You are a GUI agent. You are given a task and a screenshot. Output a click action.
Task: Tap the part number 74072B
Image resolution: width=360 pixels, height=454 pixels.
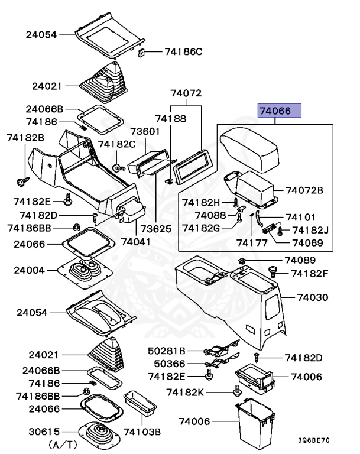pyautogui.click(x=304, y=190)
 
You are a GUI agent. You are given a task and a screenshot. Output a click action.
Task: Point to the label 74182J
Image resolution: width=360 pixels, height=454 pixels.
pyautogui.click(x=310, y=229)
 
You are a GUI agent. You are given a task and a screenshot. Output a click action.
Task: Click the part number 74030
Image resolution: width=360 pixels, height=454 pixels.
pyautogui.click(x=311, y=297)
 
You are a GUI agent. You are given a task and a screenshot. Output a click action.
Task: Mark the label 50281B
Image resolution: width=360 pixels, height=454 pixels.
pyautogui.click(x=167, y=351)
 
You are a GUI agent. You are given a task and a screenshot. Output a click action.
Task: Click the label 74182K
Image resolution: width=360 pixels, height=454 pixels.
pyautogui.click(x=185, y=392)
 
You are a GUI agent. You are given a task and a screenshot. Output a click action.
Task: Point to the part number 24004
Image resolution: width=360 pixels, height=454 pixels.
pyautogui.click(x=30, y=270)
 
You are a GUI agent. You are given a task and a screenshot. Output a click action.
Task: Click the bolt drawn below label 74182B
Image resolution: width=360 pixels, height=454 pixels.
pyautogui.click(x=24, y=177)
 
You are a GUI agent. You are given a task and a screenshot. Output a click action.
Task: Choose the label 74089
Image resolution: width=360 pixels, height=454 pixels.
pyautogui.click(x=300, y=260)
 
